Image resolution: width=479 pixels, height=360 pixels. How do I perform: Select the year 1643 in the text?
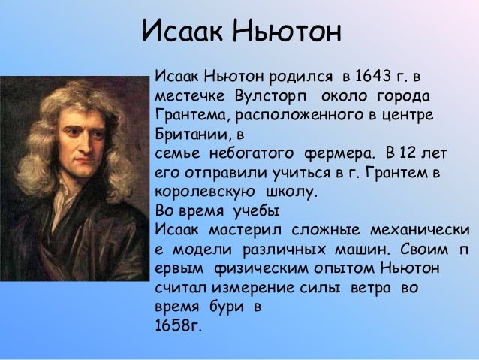(x=373, y=76)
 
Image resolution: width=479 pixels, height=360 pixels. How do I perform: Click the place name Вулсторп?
(x=271, y=96)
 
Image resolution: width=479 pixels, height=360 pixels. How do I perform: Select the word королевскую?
(x=205, y=192)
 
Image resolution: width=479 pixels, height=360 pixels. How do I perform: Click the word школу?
(x=292, y=192)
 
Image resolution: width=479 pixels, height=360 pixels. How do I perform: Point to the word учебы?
(x=256, y=211)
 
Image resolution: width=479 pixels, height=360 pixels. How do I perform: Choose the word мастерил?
(x=245, y=230)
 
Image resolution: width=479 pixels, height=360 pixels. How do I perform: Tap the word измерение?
(x=253, y=289)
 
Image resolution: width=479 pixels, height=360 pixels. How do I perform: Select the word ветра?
(x=371, y=289)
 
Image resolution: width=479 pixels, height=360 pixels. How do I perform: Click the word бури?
(x=227, y=307)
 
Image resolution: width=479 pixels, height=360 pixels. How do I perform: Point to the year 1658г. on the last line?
(x=179, y=325)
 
